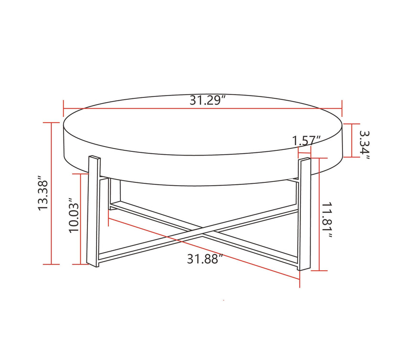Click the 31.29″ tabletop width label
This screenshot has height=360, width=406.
207,101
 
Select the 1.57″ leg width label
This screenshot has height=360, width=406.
306,141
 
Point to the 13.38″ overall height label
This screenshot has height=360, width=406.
43,195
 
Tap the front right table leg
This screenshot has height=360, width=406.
303,215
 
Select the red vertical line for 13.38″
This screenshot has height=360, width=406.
51,193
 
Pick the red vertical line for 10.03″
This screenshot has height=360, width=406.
81,219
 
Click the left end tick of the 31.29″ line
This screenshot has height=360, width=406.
64,108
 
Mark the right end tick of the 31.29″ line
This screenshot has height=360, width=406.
342,108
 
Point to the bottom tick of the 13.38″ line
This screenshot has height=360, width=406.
51,264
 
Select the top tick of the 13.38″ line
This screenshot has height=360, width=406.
51,123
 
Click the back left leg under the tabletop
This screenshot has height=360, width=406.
114,193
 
